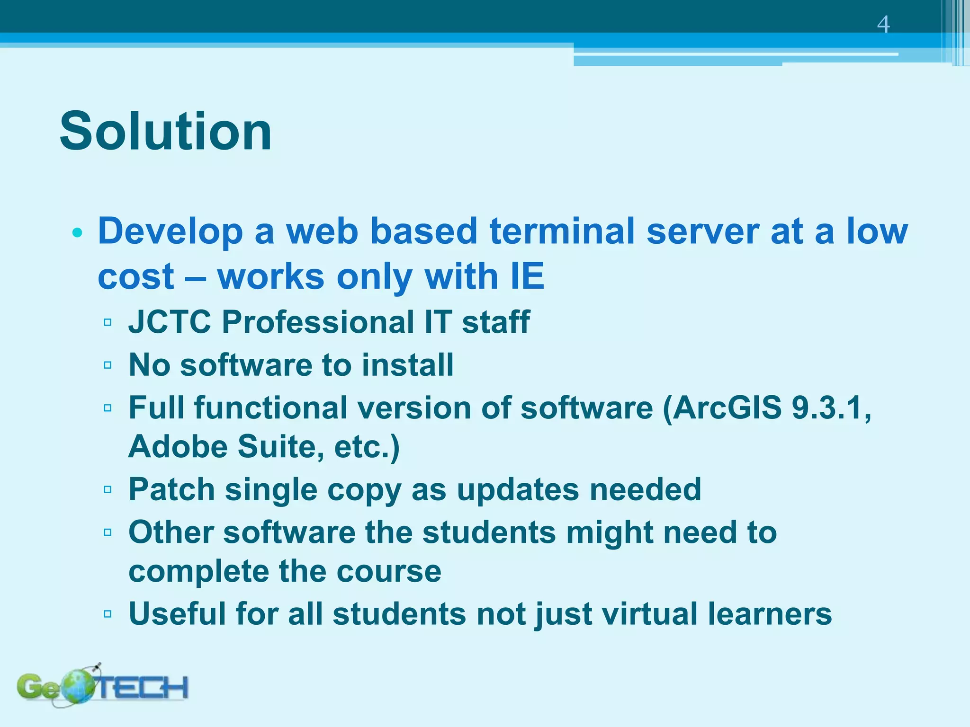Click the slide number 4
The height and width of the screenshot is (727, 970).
point(883,25)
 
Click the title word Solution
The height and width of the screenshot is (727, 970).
point(166,131)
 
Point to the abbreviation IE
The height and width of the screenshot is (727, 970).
point(527,276)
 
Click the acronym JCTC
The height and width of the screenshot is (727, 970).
point(170,322)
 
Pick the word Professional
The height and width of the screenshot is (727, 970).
point(318,322)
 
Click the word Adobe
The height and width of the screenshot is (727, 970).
point(177,446)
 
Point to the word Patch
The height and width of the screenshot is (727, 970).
point(171,489)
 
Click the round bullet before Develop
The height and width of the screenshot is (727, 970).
point(78,232)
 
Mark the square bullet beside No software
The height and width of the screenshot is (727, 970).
point(108,365)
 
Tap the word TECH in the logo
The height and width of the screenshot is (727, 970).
point(142,687)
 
